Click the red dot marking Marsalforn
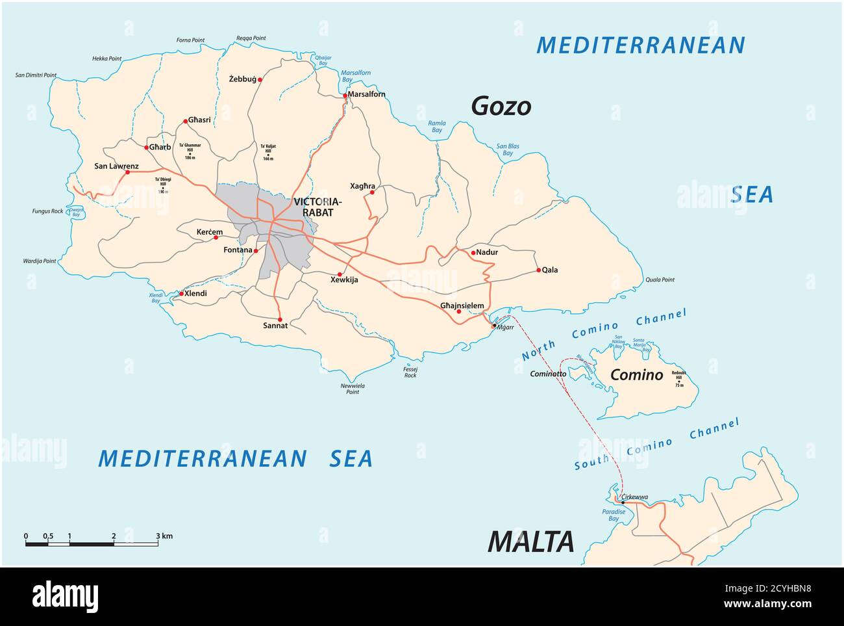(x=345, y=96)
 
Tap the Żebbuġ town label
(x=242, y=79)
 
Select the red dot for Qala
(x=538, y=270)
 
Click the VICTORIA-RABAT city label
(x=313, y=207)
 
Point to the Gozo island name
(x=501, y=106)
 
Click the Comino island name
(x=636, y=374)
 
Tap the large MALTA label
(x=530, y=541)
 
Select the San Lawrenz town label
(x=116, y=166)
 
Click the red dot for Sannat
(x=280, y=319)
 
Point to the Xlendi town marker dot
(x=181, y=294)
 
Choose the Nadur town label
(x=487, y=252)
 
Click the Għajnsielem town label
(x=462, y=306)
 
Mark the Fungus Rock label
(x=47, y=211)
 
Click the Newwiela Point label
(x=353, y=389)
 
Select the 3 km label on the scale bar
(x=164, y=536)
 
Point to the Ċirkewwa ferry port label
(x=634, y=497)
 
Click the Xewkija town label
(x=343, y=280)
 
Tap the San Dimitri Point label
(x=36, y=75)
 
